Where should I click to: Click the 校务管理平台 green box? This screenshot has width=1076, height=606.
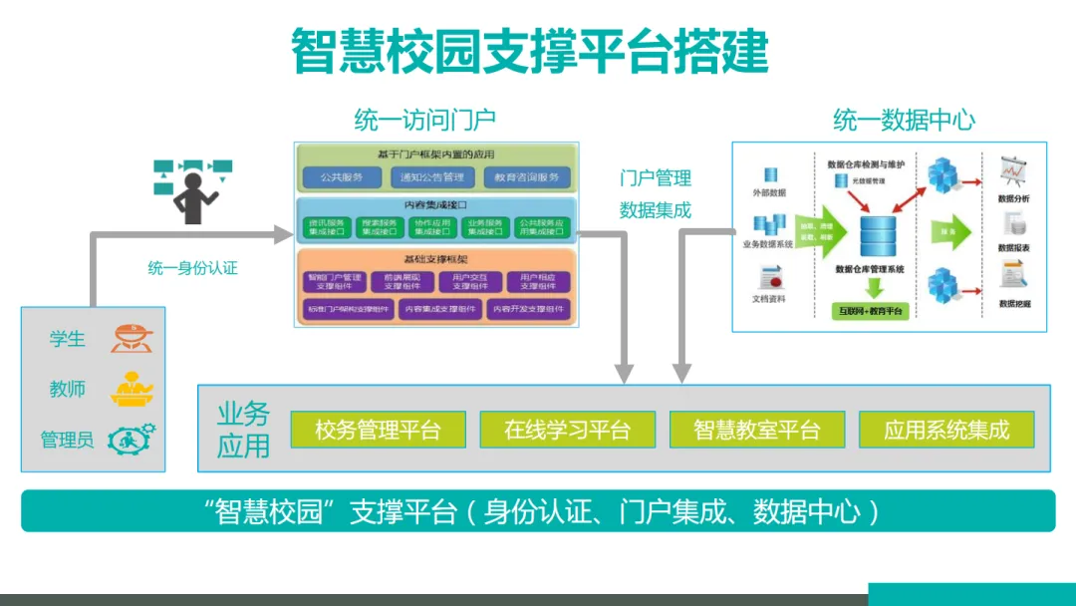378,430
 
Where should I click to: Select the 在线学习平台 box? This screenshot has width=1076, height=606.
567,430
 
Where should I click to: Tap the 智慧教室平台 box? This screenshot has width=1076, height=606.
756,430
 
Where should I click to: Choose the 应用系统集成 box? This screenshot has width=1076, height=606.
946,430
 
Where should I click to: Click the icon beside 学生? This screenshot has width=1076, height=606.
132,338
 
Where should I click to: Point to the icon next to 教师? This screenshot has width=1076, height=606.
132,388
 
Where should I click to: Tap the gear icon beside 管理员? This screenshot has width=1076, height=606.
132,439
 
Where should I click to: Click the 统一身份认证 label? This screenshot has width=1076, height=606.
193,268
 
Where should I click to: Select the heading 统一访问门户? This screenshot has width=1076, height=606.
424,121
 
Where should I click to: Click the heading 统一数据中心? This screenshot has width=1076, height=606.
904,121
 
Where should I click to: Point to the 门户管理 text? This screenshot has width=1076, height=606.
655,178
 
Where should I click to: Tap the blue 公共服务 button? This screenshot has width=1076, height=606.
342,178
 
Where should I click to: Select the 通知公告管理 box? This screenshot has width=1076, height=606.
431,178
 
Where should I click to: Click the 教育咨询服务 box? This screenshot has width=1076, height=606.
527,178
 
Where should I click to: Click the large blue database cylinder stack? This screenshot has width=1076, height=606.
878,236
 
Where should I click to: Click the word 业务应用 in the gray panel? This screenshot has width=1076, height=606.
243,430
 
